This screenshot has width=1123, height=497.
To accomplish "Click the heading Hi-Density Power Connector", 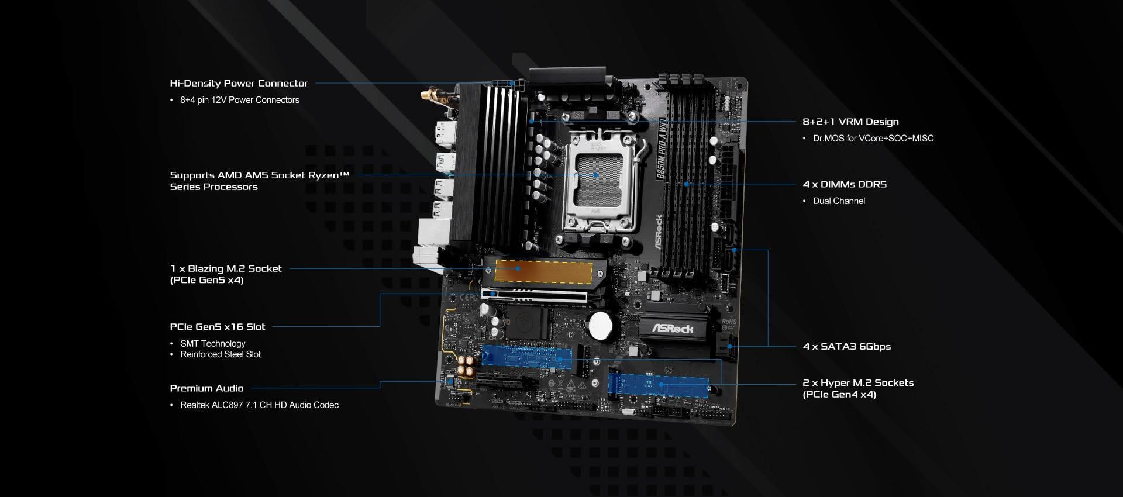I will coord(239,83).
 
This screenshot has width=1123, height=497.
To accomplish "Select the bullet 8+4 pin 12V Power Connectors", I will coord(239,100).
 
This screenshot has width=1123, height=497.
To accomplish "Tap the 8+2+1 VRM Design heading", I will coord(850,122).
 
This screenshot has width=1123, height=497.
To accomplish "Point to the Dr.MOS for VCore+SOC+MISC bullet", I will coord(873,139).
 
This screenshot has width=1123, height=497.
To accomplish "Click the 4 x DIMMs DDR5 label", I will coord(845,184).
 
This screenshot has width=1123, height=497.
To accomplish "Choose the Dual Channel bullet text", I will coord(839,201).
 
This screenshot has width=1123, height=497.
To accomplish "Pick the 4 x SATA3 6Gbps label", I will coord(847,347).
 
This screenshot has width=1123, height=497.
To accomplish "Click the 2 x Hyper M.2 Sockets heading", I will coord(857,383).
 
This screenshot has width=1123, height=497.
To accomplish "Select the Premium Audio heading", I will coord(206,388).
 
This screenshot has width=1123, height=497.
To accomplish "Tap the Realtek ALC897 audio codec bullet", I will coord(259,405).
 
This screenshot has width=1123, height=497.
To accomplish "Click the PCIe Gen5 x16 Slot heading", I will coord(218,327).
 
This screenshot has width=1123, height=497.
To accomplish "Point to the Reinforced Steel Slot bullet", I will coord(221,354).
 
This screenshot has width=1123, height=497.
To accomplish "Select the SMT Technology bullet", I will coord(212,344).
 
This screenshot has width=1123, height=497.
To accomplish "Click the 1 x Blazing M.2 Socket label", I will coord(226,268).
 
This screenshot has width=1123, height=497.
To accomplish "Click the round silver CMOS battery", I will coord(600,325).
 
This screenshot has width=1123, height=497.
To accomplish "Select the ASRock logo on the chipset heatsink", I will coord(673,329).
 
